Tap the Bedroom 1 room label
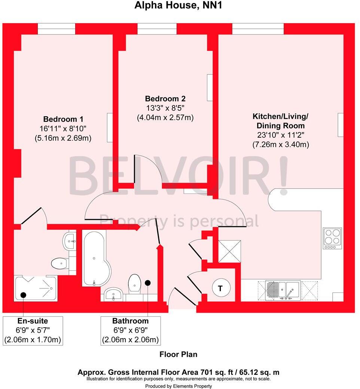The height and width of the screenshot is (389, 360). (x=63, y=119)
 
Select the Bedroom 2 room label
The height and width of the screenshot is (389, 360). (x=165, y=99)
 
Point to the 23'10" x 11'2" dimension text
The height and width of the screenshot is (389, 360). (x=281, y=135)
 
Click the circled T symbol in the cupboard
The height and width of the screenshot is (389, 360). (x=220, y=288)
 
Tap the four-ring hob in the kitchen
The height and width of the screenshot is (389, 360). (x=332, y=238)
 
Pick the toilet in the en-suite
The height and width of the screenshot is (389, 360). (x=59, y=264)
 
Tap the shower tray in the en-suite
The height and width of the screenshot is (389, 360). (x=35, y=288)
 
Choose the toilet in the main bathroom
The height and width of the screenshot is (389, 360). (x=134, y=284)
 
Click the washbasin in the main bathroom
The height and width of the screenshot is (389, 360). (x=113, y=294)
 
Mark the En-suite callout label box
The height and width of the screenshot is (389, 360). (x=33, y=331)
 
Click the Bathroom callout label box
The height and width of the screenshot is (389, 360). (x=131, y=331)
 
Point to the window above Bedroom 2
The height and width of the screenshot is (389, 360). (x=157, y=29)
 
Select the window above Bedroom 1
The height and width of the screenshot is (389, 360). (x=57, y=29)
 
